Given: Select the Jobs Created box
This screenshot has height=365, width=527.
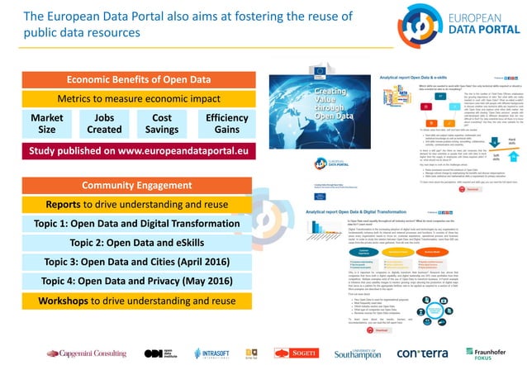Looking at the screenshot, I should [x=104, y=124].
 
